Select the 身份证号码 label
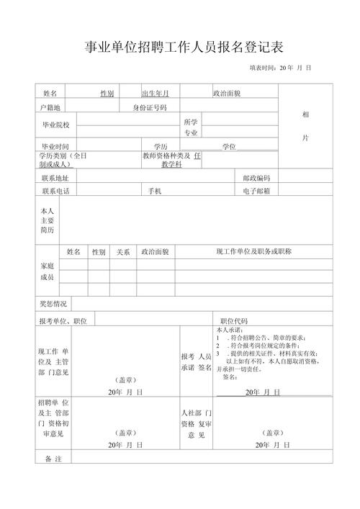(x=148, y=107)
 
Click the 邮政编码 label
(x=256, y=178)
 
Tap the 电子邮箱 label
(x=256, y=191)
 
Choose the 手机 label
(x=155, y=191)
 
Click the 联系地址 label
(x=55, y=178)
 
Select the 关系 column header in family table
(x=123, y=252)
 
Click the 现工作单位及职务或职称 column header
(x=253, y=251)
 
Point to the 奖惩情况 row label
(x=53, y=303)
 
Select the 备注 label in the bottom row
(x=54, y=459)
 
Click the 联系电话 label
(x=55, y=191)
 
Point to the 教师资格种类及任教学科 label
(x=171, y=160)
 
